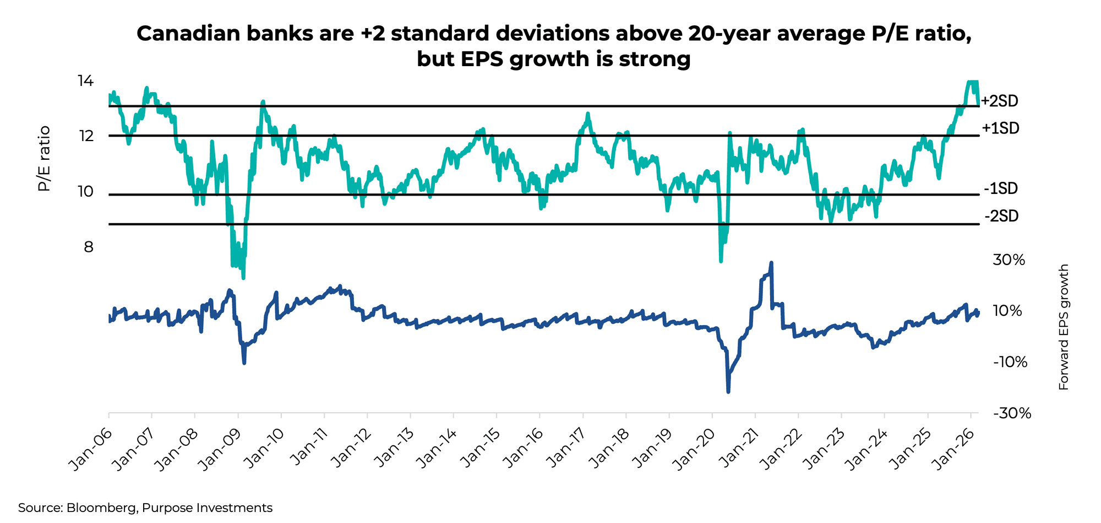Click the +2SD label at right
[1000, 101]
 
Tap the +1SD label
[1001, 128]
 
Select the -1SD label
[1001, 189]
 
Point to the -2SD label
[1001, 216]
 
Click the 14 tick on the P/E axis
[85, 82]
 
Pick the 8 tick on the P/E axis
[89, 247]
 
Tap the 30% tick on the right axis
[1009, 260]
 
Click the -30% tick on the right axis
[1012, 413]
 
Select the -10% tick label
[1010, 362]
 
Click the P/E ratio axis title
[44, 159]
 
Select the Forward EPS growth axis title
[1064, 327]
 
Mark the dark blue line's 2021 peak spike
[771, 263]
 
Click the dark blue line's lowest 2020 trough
[728, 391]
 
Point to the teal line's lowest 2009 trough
[243, 277]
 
